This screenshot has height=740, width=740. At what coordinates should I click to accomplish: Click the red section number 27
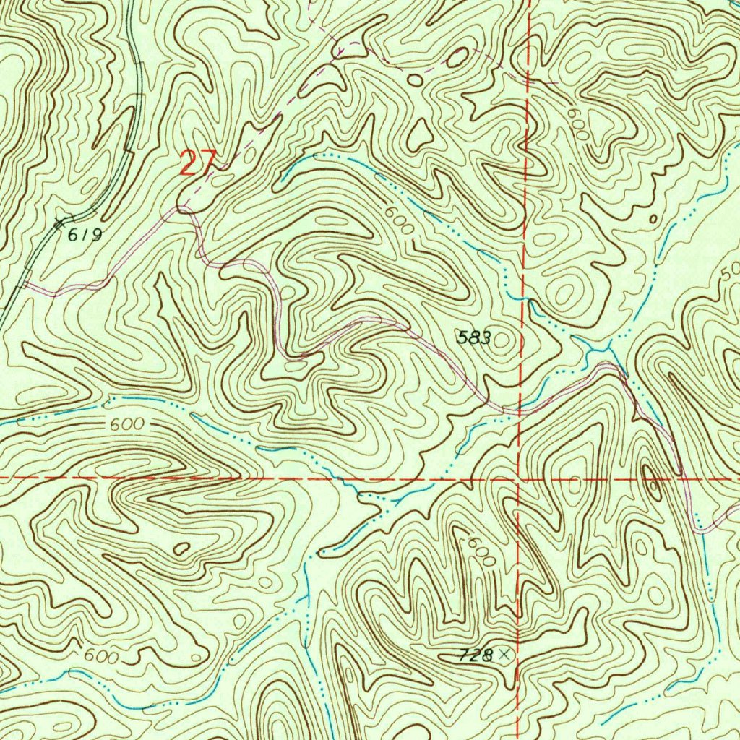coord(196,163)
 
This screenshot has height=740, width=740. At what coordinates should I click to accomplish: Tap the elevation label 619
coord(86,234)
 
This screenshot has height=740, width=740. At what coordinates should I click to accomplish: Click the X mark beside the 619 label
coord(61,223)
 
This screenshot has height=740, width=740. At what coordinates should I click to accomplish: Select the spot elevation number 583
coord(474,337)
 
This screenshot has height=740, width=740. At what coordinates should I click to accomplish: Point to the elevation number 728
coord(476,655)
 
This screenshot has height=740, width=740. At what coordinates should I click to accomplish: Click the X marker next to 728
coord(504,655)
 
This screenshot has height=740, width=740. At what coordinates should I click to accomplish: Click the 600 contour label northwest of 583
coord(399,219)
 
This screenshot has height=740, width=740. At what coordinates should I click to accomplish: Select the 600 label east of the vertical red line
coord(577,124)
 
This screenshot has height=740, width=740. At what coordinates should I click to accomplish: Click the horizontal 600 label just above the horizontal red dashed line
coord(127,426)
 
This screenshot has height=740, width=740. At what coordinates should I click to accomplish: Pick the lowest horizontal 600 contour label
coord(100,656)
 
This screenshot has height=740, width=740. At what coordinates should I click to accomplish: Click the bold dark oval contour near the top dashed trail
coord(457,58)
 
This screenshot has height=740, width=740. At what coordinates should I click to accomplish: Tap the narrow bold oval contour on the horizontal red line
coord(647,481)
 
